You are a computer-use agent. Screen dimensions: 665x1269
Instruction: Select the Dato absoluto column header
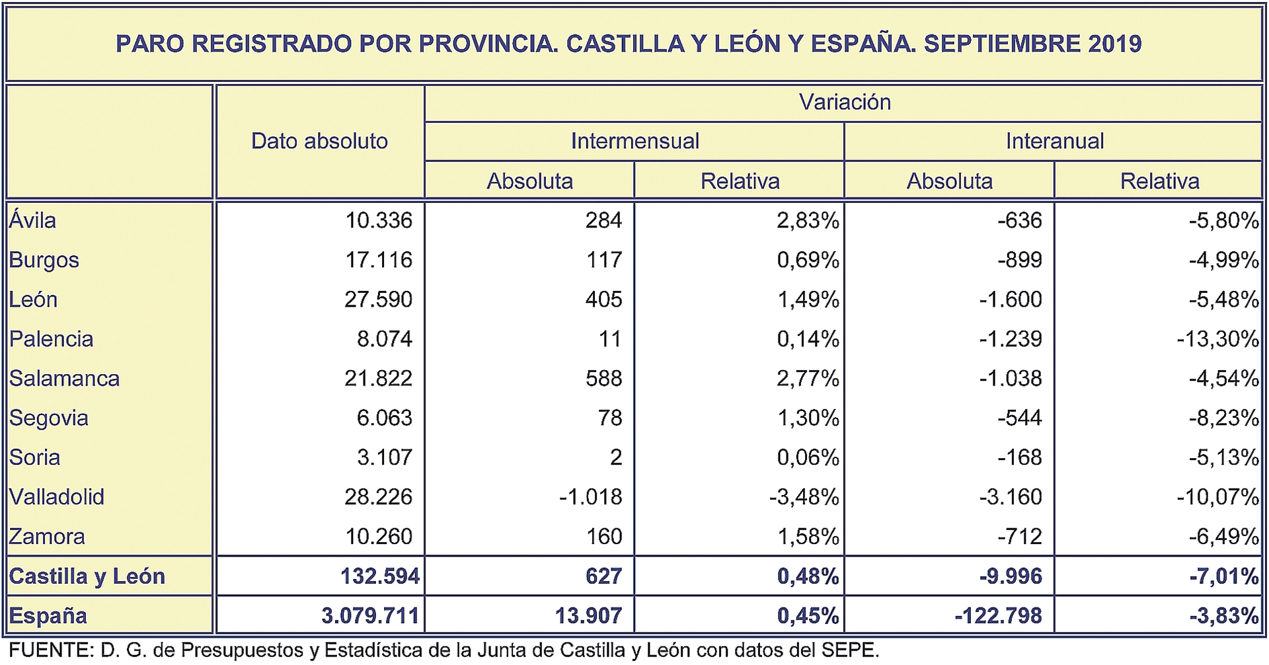coord(319,141)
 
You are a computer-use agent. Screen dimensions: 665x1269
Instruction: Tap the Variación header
coord(844,102)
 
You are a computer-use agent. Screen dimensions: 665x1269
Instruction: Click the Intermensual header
coord(634,141)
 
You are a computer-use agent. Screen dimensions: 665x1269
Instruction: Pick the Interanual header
coord(1054,141)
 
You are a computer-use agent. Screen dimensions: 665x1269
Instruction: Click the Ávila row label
coord(32,220)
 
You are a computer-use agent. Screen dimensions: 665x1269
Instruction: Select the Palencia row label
coord(51,339)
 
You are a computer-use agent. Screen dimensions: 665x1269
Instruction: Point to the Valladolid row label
coord(57,496)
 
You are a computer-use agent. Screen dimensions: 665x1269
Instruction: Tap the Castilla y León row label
coord(87,576)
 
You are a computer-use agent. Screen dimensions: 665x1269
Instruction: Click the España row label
coord(48,615)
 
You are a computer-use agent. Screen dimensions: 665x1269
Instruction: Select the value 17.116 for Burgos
coord(378,260)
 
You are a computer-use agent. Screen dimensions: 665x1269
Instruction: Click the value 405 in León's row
coord(603,299)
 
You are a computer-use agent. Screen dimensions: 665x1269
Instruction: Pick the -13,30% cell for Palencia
coord(1217,339)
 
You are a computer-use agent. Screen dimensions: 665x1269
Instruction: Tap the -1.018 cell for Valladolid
coord(590,496)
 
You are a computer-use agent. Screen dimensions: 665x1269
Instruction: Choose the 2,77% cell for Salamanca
coord(808,378)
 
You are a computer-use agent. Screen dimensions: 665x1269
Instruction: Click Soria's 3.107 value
coord(384,457)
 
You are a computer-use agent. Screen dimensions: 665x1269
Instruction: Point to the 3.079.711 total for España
coord(370,615)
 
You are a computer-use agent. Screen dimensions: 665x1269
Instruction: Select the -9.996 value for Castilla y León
coord(1011,576)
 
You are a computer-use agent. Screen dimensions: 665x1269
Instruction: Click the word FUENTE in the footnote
coord(50,650)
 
